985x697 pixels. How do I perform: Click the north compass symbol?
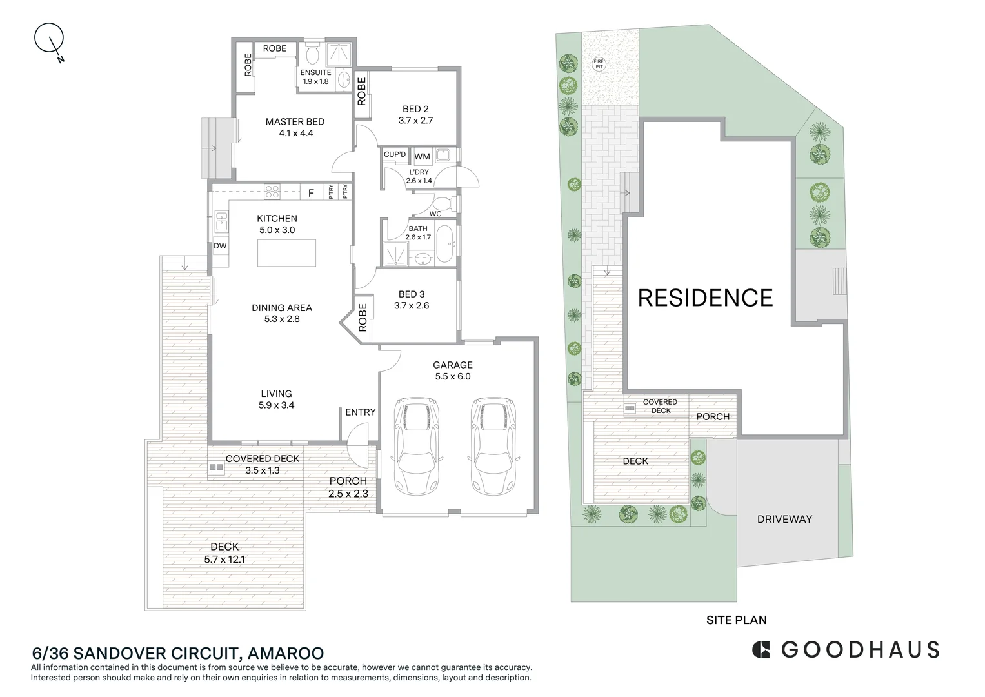tap(49, 39)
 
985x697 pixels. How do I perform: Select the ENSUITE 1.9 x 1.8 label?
tap(315, 77)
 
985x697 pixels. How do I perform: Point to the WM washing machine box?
tap(422, 157)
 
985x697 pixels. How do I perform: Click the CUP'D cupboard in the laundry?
tap(395, 155)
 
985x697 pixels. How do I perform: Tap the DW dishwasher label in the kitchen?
tap(220, 246)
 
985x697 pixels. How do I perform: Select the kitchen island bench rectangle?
tap(287, 252)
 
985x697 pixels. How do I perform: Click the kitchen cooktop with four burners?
tap(272, 192)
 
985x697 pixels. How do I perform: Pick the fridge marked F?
tap(311, 192)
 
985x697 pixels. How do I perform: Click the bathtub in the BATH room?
tap(445, 243)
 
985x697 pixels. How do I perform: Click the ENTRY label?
tap(360, 412)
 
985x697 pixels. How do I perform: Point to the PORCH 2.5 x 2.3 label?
tap(348, 487)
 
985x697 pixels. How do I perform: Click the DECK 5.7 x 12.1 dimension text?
tap(224, 560)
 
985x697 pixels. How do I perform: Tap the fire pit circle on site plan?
tap(599, 64)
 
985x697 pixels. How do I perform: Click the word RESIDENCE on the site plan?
tap(705, 298)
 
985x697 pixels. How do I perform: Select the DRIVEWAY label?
tap(784, 519)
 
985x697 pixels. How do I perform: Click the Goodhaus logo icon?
tap(762, 649)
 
